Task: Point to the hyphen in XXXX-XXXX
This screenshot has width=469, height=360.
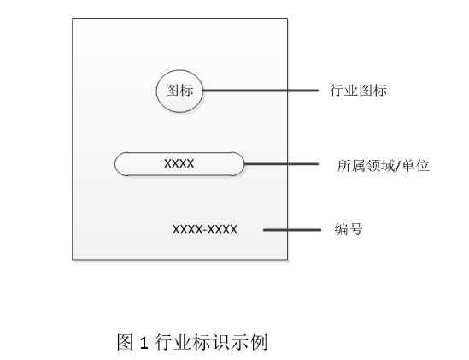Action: pyautogui.click(x=205, y=230)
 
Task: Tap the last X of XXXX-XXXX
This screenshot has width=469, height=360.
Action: pyautogui.click(x=233, y=230)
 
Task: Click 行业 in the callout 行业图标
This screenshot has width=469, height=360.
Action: pyautogui.click(x=343, y=90)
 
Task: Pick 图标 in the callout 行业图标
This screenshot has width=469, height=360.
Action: pyautogui.click(x=372, y=90)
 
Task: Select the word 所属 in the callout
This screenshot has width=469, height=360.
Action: pyautogui.click(x=351, y=166)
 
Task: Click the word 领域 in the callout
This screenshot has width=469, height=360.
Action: pyautogui.click(x=380, y=166)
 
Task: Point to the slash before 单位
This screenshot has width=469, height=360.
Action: pyautogui.click(x=398, y=166)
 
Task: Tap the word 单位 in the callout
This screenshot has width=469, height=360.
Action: pyautogui.click(x=415, y=166)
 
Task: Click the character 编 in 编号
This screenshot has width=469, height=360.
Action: pyautogui.click(x=341, y=229)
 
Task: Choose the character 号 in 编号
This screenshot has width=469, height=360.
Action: pyautogui.click(x=355, y=229)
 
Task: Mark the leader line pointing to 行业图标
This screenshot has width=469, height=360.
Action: pyautogui.click(x=261, y=91)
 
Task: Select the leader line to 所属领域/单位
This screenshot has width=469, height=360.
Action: pyautogui.click(x=281, y=164)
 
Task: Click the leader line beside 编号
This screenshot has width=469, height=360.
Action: pyautogui.click(x=292, y=230)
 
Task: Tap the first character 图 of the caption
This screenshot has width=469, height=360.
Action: pyautogui.click(x=125, y=342)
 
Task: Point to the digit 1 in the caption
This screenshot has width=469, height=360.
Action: pyautogui.click(x=144, y=343)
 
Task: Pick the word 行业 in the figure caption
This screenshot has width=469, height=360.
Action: pyautogui.click(x=173, y=342)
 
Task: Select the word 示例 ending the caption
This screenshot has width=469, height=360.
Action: pyautogui.click(x=249, y=342)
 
